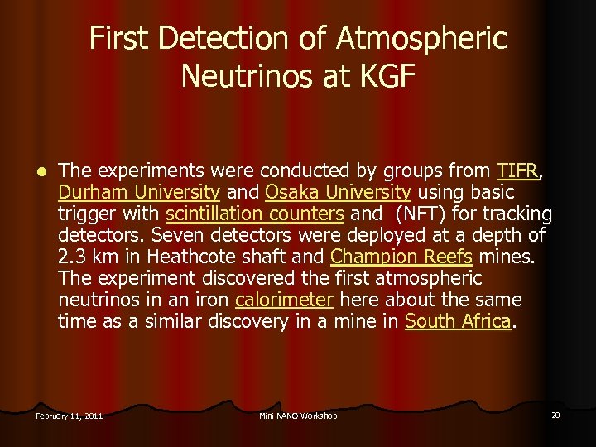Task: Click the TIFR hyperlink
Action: [x=517, y=171]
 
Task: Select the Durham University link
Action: [x=138, y=193]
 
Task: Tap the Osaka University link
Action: [x=338, y=193]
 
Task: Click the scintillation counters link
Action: [x=254, y=214]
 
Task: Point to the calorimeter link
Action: [x=284, y=300]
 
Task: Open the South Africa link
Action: [x=457, y=321]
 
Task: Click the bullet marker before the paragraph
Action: [x=38, y=172]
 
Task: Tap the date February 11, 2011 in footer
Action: [x=70, y=416]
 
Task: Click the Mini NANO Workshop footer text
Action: [x=298, y=416]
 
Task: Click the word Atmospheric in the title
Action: [x=421, y=38]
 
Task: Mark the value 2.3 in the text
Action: [x=73, y=257]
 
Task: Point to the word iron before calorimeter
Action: [x=212, y=300]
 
